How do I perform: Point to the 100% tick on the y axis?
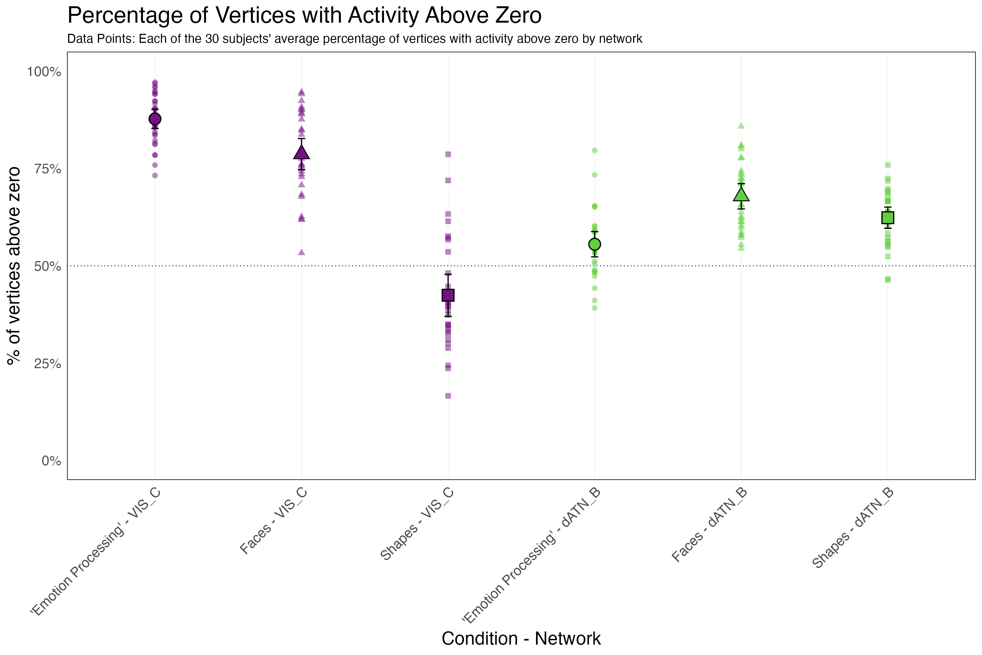coord(44,72)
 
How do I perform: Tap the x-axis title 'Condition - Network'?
coord(521,638)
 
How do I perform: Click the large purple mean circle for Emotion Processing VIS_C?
coord(155,119)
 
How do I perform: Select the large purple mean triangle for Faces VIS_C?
coord(301,153)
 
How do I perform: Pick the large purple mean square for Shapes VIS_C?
coord(448,295)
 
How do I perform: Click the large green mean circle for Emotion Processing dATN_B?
coord(595,244)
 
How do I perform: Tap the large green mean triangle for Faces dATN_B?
coord(741,195)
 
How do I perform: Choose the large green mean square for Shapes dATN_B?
coord(888,218)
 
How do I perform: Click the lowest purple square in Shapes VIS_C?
coord(448,395)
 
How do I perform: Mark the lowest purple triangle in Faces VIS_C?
coord(301,252)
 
